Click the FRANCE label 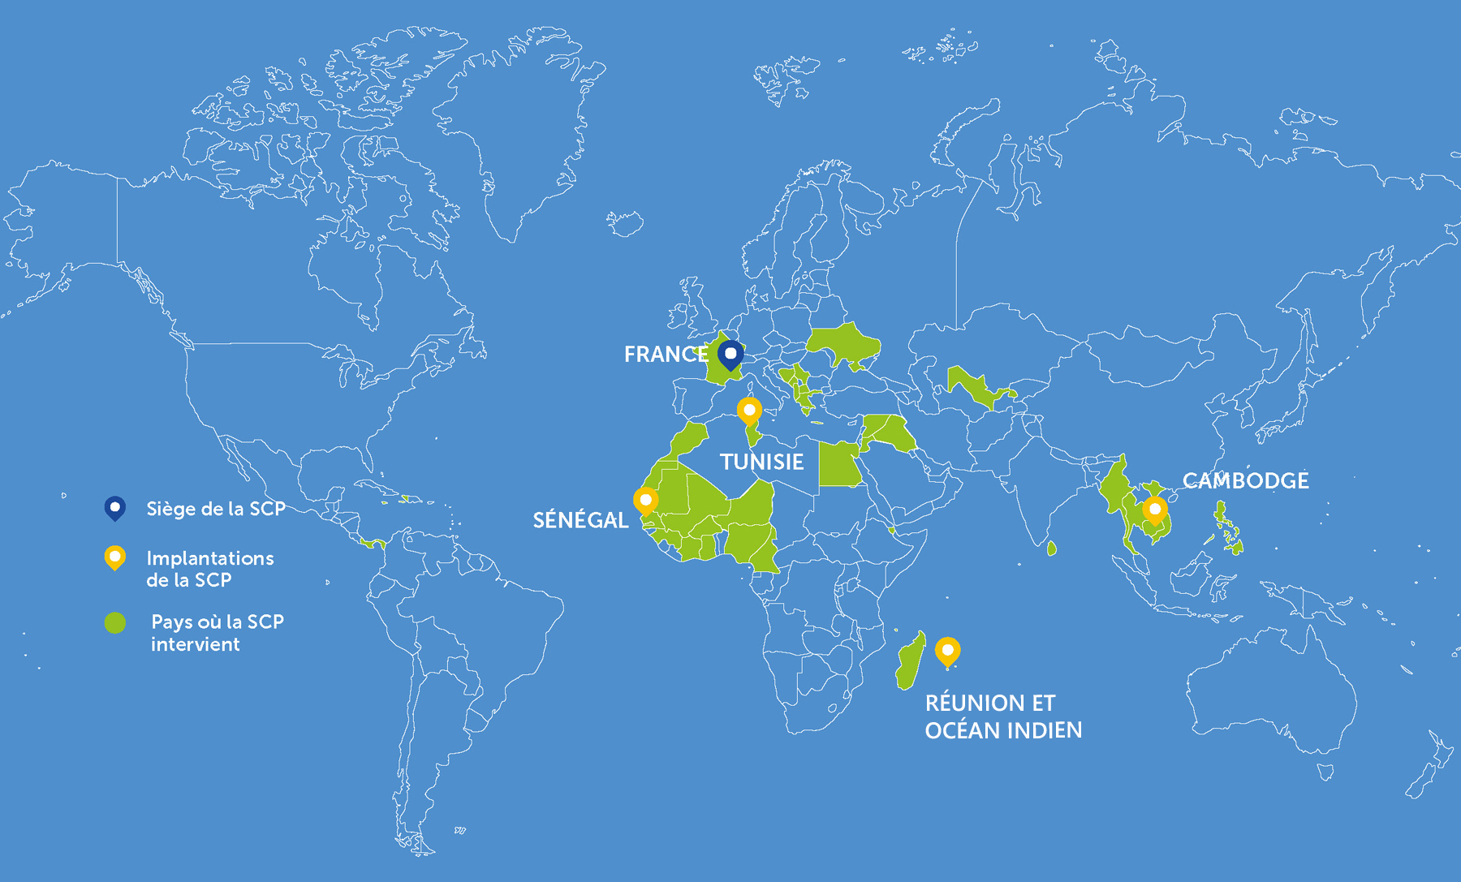666,355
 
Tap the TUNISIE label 761,463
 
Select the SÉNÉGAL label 580,520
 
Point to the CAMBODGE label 1245,480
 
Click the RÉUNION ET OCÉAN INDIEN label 1003,716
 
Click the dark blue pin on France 730,355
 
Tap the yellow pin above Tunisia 749,411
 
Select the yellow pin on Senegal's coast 645,501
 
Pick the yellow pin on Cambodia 1154,510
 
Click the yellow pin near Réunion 947,651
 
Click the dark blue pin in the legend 115,508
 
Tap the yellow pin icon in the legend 115,557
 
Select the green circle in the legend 115,622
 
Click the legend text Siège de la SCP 215,509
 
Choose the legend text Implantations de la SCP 209,569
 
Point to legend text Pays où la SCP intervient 217,633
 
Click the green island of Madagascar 910,661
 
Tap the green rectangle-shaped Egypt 838,465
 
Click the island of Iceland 625,222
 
